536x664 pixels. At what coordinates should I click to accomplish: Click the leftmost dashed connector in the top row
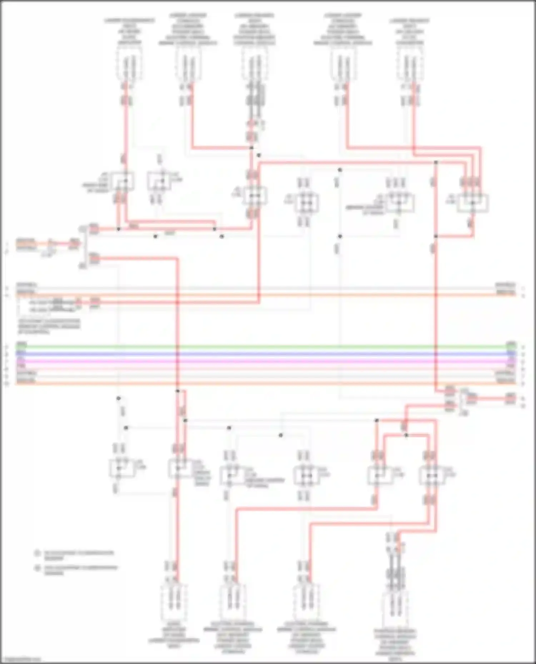coord(129,64)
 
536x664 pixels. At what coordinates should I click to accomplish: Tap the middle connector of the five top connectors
coord(254,64)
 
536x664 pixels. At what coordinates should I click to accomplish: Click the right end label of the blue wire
coord(511,353)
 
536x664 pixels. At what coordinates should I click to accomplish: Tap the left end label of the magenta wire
coord(21,361)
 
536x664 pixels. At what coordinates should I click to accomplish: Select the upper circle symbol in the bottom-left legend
coord(37,553)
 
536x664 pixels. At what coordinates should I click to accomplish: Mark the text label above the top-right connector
coord(410,31)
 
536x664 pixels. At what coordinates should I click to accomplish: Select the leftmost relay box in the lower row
coord(122,468)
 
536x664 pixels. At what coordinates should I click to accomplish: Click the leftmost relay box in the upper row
coord(123,181)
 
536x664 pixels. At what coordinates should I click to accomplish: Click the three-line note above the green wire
coord(49,326)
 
